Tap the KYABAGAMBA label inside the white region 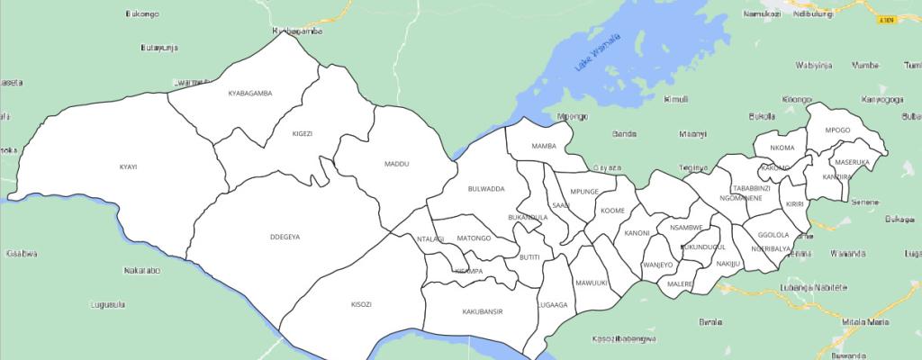tap(250, 93)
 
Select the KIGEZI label tap(302, 133)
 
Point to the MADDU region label tap(396, 164)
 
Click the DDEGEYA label tap(285, 237)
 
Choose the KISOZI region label tap(360, 304)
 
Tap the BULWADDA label tap(486, 189)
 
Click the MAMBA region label tap(544, 146)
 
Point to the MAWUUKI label tap(592, 283)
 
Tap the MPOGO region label tap(837, 130)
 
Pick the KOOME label tap(612, 211)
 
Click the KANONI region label tap(637, 233)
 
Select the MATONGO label tap(474, 238)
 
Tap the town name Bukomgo tap(143, 14)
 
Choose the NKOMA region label tap(782, 148)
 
